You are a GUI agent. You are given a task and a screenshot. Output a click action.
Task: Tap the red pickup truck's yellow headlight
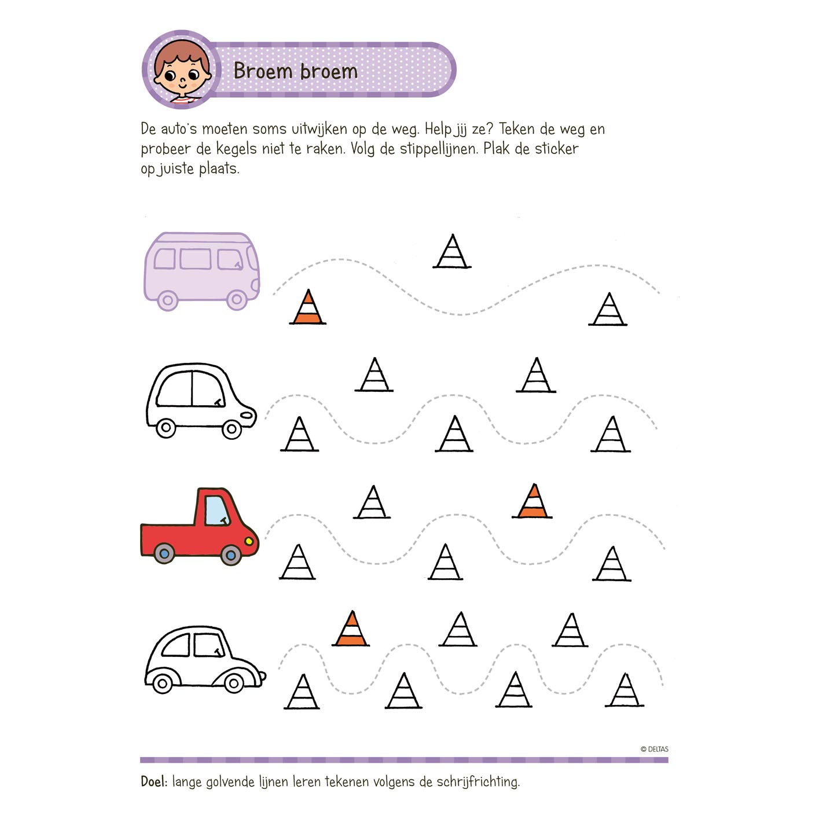tap(249, 541)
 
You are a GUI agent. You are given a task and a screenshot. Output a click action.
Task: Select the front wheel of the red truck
tap(231, 554)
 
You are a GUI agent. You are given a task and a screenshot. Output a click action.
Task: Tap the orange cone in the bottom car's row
tap(351, 629)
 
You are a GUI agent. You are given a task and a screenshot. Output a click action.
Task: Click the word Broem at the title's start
tap(263, 71)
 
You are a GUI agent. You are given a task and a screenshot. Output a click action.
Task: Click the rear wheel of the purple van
tap(168, 300)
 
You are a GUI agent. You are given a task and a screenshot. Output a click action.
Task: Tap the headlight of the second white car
tap(247, 414)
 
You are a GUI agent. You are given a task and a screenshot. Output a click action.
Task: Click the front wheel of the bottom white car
tap(233, 684)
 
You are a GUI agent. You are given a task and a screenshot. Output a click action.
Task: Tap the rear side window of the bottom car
tap(176, 645)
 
